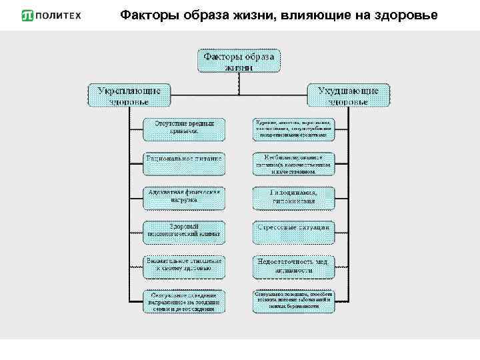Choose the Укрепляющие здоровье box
tap(129, 95)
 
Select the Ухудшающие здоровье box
tap(349, 95)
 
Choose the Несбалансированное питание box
tap(293, 163)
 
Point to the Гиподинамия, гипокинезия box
tap(293, 197)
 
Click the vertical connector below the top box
tap(238, 77)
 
